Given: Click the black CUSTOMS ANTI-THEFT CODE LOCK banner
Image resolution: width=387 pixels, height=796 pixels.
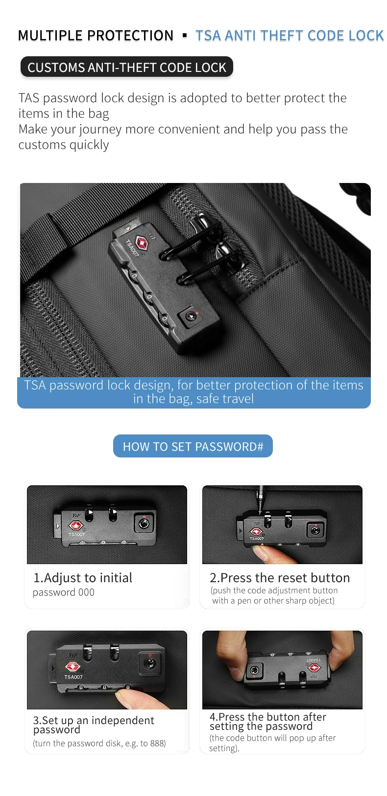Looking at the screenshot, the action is click(126, 67).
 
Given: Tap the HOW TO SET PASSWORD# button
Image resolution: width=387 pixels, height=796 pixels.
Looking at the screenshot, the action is click(193, 446).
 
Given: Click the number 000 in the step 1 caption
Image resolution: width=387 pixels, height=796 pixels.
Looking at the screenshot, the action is click(86, 592).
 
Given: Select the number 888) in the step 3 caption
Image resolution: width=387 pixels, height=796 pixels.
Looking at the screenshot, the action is click(158, 744).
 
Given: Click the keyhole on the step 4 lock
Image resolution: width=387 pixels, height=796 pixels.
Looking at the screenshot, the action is click(254, 671).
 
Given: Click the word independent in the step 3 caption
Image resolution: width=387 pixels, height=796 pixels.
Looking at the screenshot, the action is click(123, 720).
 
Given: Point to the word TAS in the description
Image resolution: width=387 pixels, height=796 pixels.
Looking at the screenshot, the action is click(29, 98).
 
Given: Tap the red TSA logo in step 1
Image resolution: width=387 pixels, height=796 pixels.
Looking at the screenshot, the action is click(76, 525).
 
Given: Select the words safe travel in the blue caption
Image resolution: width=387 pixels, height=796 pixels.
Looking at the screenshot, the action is click(225, 399).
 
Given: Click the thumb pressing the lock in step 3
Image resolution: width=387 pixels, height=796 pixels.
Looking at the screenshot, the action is click(132, 698).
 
